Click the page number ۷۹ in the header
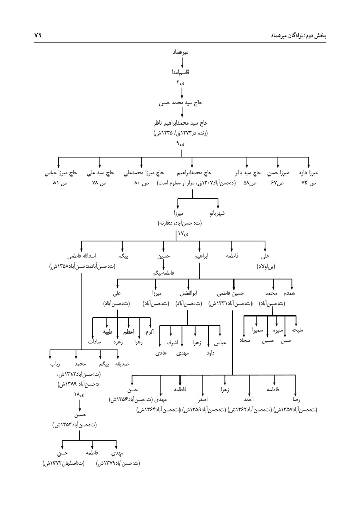tap(38, 36)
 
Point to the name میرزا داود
tap(309, 173)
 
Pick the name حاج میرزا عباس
tap(60, 173)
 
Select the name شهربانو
tap(220, 212)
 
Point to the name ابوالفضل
tap(187, 293)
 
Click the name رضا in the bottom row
tap(296, 399)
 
